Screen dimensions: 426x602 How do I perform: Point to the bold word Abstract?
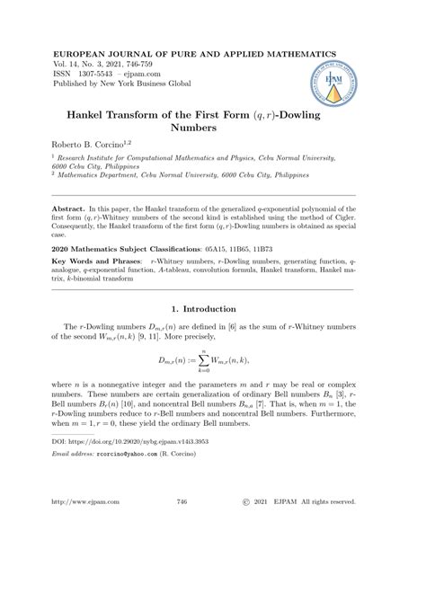(x=74, y=207)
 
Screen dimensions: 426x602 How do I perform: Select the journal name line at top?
(x=194, y=53)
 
